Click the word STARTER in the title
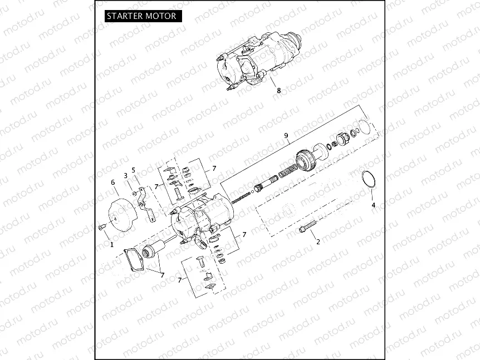(125, 16)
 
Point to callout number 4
(374, 205)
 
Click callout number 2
(318, 241)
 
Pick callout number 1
(111, 244)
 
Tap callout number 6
(112, 182)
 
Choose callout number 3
(126, 175)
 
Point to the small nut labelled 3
(136, 193)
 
